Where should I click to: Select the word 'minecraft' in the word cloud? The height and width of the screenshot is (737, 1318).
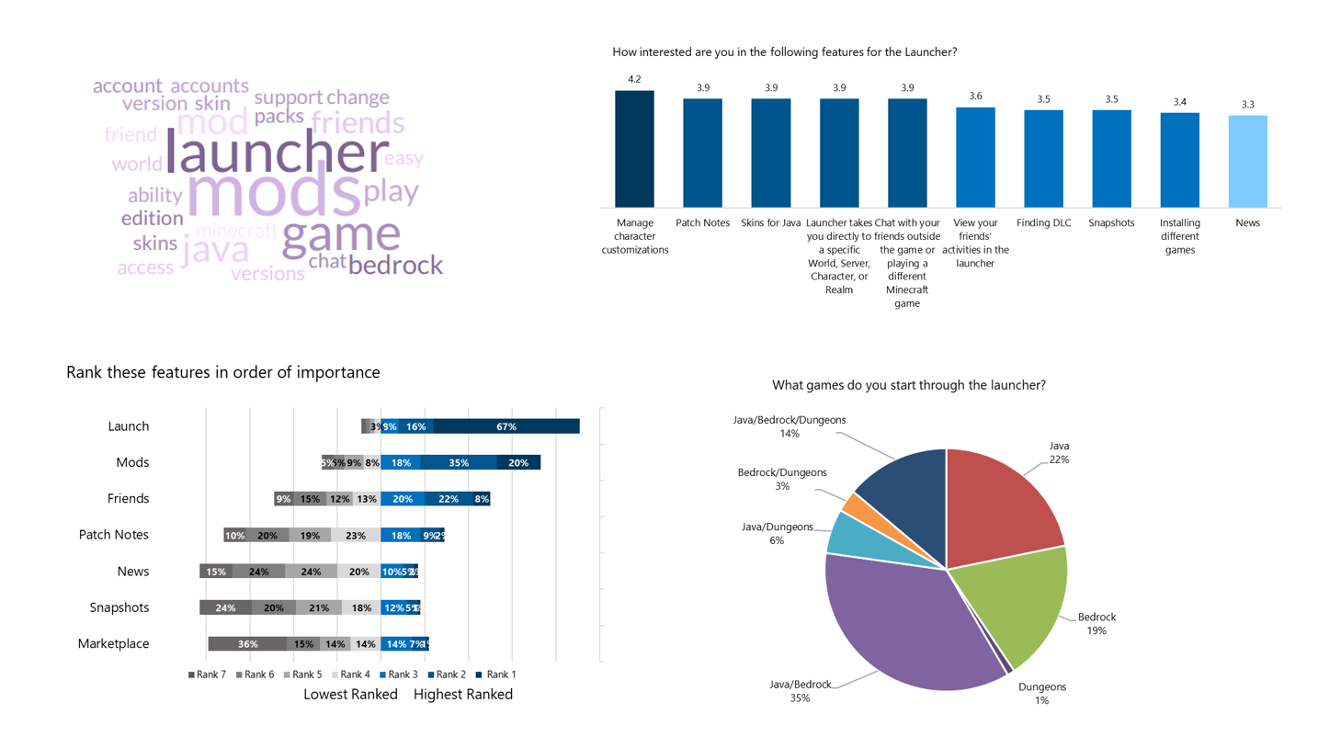point(236,230)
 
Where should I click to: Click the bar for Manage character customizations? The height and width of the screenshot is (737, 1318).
point(634,149)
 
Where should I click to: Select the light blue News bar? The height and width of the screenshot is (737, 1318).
point(1247,161)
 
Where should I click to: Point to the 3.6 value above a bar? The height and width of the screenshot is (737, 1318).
point(975,96)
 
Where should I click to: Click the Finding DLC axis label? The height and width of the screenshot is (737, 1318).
point(1043,223)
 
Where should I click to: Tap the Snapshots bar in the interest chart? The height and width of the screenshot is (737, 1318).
point(1111,158)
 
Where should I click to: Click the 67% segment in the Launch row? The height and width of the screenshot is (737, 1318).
point(506,426)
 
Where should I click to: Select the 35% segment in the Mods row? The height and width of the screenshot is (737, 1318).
point(459,462)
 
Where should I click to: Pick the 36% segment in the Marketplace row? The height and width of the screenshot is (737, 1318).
point(247,644)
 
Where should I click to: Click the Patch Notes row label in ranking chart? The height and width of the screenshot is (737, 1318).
point(113,535)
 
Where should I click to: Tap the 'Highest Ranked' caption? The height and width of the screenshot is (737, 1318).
point(462,695)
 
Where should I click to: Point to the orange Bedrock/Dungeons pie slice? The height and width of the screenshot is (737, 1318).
point(850,505)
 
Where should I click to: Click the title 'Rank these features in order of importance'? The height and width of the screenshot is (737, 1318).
point(222,372)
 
